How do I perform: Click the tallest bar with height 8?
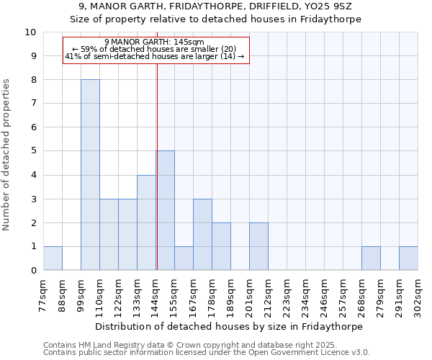click(90, 175)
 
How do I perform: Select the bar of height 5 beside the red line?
click(166, 210)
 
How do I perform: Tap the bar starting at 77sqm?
click(53, 258)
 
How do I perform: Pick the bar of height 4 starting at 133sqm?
click(146, 222)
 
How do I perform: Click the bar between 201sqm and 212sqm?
click(258, 246)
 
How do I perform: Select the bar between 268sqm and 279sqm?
click(371, 258)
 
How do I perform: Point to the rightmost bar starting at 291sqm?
click(408, 258)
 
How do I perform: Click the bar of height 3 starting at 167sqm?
click(202, 235)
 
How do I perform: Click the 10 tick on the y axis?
click(30, 32)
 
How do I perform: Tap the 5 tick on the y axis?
click(33, 151)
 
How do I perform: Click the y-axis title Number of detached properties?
click(7, 155)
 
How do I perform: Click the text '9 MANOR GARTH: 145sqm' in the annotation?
click(155, 42)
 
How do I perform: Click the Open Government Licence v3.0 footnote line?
click(207, 353)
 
